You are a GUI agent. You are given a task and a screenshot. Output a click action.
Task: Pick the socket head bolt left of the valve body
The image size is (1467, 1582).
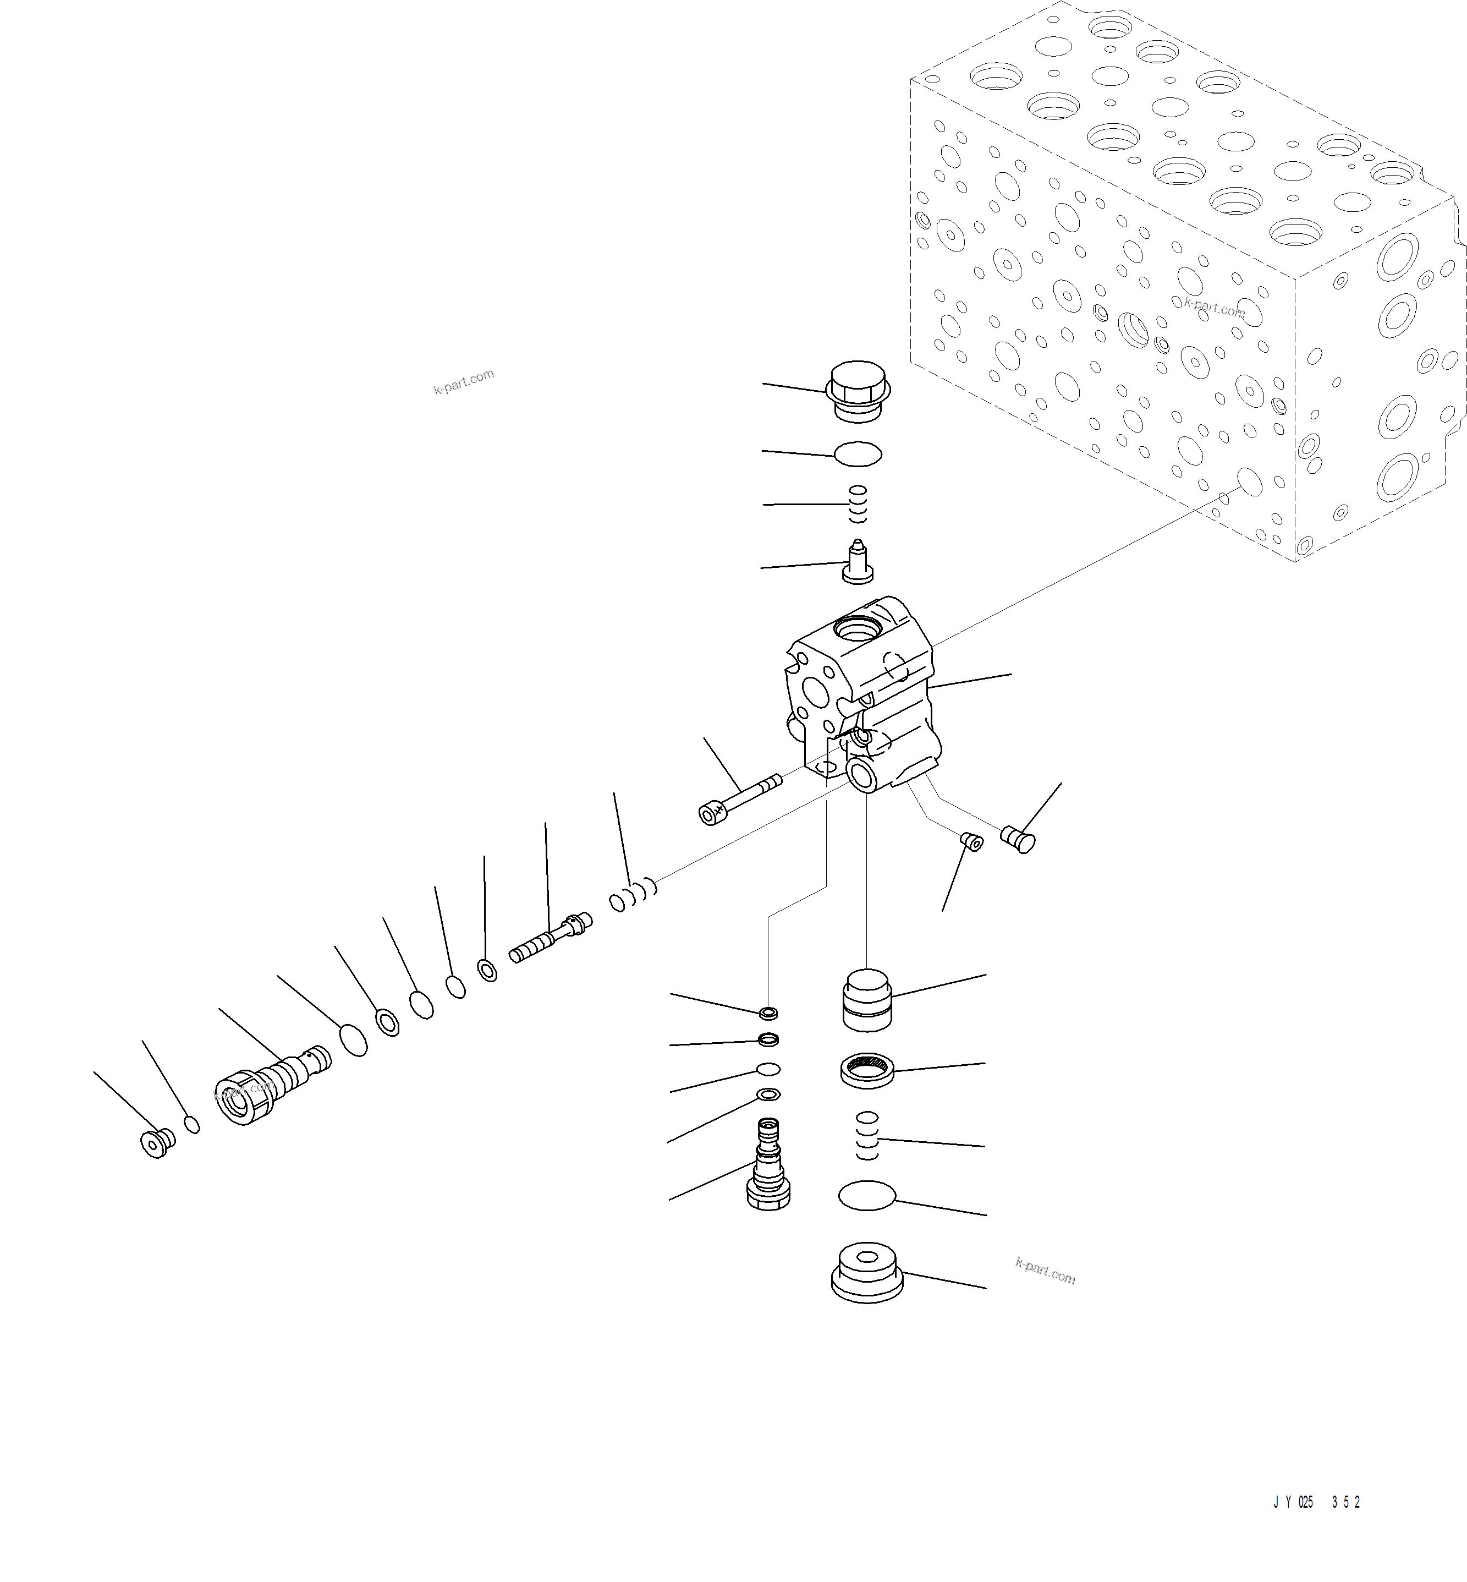tap(738, 801)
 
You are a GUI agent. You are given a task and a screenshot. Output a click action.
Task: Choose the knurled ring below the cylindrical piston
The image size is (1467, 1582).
tap(867, 1068)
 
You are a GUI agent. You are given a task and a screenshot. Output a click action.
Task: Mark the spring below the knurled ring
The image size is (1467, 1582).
tap(867, 1136)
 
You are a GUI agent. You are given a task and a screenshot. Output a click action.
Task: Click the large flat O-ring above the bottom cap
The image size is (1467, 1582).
tap(866, 1195)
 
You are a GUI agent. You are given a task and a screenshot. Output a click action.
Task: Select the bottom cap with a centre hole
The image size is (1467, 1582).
tap(867, 1272)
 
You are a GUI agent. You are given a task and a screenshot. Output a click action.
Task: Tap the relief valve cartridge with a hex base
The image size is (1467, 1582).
tap(768, 1168)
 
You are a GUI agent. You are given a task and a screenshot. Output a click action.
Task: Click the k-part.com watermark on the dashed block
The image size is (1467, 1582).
tap(1214, 308)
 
